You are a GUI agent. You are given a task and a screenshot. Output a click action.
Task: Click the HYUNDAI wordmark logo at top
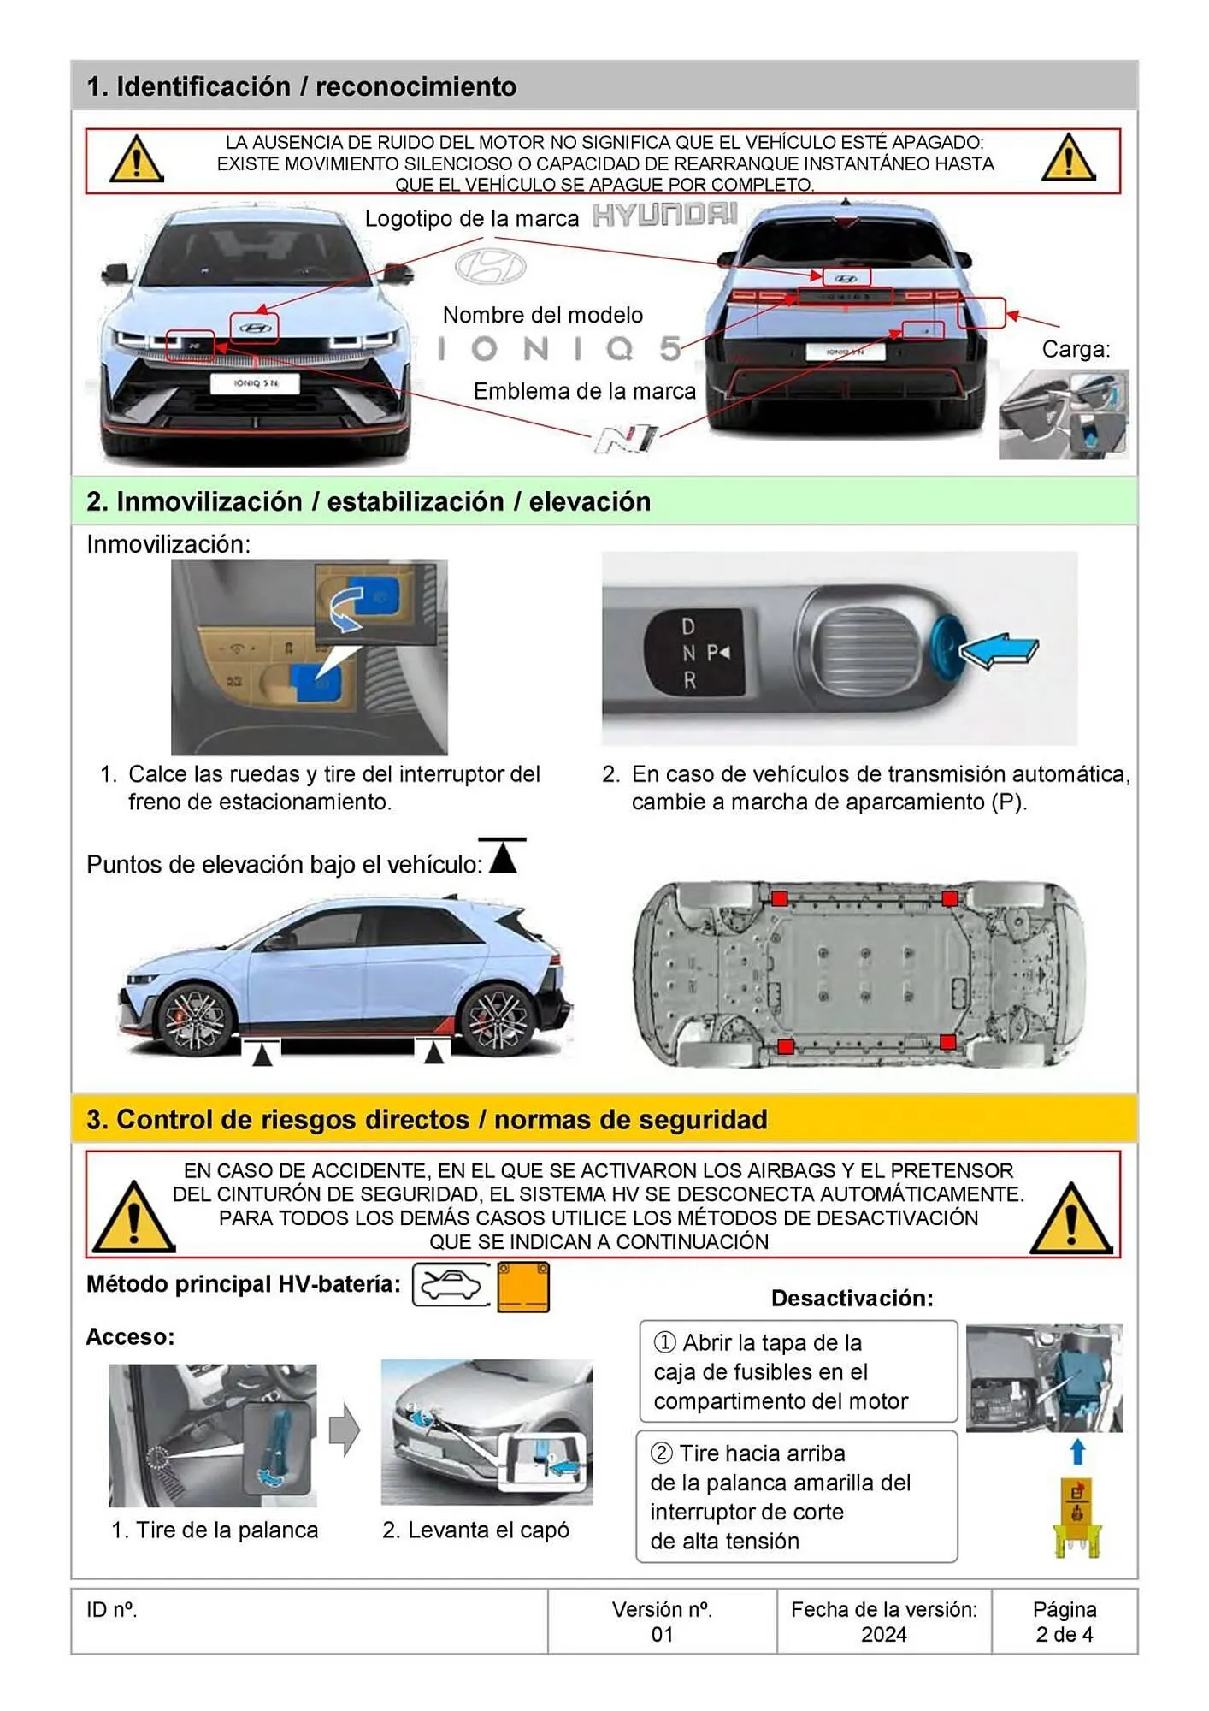(x=665, y=215)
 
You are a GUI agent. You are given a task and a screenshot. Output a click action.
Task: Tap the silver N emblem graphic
(x=628, y=438)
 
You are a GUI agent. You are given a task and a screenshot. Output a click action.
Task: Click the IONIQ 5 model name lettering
(x=560, y=348)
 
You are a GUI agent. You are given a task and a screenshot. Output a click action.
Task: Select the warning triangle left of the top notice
(x=137, y=160)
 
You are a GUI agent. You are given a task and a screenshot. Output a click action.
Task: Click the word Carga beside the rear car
(x=1076, y=349)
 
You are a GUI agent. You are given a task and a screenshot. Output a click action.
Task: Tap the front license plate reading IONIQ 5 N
(x=256, y=383)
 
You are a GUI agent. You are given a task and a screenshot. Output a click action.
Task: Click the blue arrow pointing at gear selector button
(x=1000, y=652)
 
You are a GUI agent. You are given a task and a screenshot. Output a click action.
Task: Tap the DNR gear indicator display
(x=693, y=653)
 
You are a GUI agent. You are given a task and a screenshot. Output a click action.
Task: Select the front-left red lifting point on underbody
(x=779, y=898)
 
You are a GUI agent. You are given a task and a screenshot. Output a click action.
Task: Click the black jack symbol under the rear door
(x=433, y=1051)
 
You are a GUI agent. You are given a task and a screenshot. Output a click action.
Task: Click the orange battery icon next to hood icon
(x=523, y=1286)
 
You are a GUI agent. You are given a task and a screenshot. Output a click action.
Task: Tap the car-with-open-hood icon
(x=451, y=1285)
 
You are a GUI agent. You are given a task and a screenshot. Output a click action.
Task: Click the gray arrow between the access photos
(x=345, y=1429)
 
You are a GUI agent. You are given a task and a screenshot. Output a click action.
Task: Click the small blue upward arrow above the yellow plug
(x=1077, y=1451)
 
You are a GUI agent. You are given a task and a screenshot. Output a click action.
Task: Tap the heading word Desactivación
(x=852, y=1298)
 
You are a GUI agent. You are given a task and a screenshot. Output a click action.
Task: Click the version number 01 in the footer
(x=662, y=1634)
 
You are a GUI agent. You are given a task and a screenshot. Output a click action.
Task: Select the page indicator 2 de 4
(x=1064, y=1634)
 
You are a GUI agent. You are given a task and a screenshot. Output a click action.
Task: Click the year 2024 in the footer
(x=883, y=1634)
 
